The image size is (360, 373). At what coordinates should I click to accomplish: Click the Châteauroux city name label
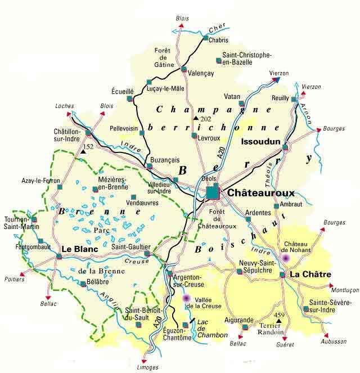(x=261, y=192)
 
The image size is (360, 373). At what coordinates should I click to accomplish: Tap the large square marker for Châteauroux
(x=213, y=192)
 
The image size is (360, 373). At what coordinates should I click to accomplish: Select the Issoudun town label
(x=260, y=142)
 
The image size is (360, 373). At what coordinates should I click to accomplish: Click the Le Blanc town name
(x=80, y=248)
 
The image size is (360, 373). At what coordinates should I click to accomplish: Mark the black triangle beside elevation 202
(x=196, y=119)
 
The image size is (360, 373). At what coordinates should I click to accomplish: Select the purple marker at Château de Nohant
(x=286, y=257)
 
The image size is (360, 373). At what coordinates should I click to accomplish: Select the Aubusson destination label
(x=334, y=341)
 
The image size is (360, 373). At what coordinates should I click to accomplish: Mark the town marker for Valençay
(x=184, y=69)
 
